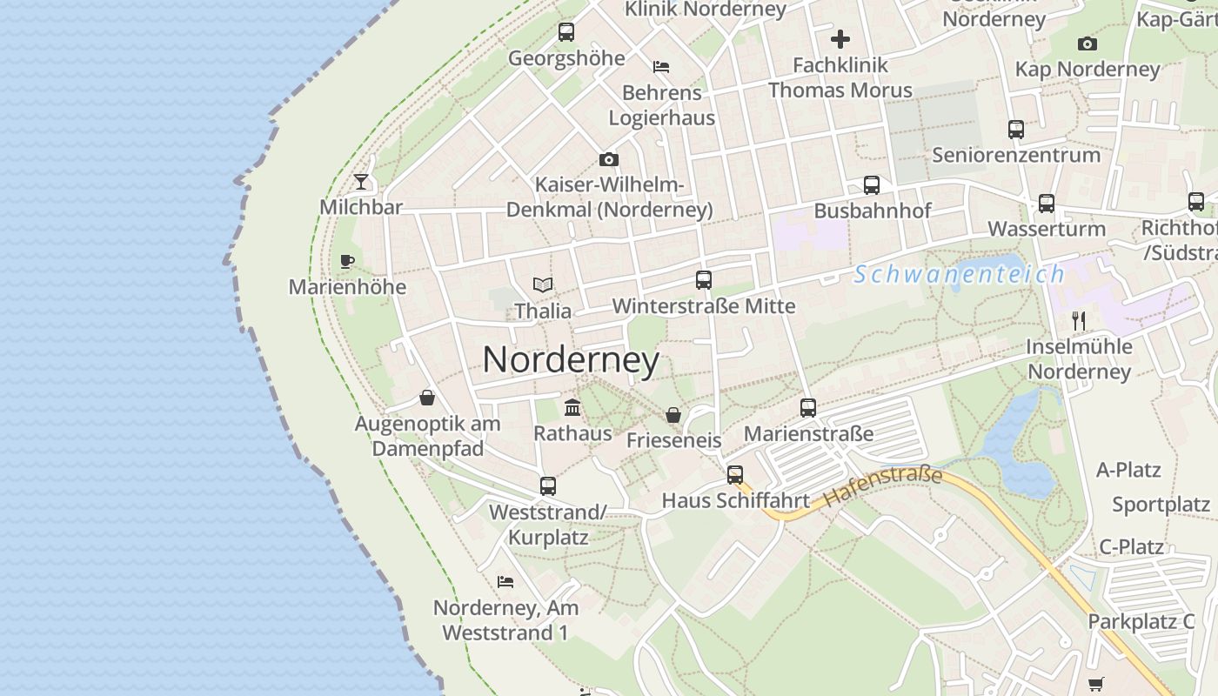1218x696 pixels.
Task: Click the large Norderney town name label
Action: pos(571,360)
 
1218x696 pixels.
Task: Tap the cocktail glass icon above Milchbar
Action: pos(361,182)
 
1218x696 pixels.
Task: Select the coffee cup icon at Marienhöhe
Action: pos(347,261)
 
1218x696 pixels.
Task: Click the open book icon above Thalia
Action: pos(543,284)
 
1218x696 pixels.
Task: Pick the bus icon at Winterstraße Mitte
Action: pos(704,280)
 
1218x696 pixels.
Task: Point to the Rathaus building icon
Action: pos(572,406)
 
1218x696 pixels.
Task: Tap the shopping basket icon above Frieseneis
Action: pos(673,414)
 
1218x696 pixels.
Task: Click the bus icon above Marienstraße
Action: pos(808,407)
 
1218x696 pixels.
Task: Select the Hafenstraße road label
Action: pos(883,487)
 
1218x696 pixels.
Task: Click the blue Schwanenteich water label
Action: pos(959,275)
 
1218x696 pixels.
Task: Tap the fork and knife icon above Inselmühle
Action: pos(1079,320)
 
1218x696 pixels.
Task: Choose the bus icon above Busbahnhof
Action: pos(872,184)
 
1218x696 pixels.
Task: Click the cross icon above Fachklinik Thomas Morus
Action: pos(840,39)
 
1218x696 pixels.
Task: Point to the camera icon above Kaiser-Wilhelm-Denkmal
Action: pos(609,159)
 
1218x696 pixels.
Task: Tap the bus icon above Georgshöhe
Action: pos(566,32)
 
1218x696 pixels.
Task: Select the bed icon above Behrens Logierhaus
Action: pos(661,66)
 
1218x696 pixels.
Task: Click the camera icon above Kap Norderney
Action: pos(1087,43)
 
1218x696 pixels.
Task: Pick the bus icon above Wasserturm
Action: pos(1047,203)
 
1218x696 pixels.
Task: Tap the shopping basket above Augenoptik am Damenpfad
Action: pos(427,398)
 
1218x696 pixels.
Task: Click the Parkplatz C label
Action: pos(1141,621)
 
